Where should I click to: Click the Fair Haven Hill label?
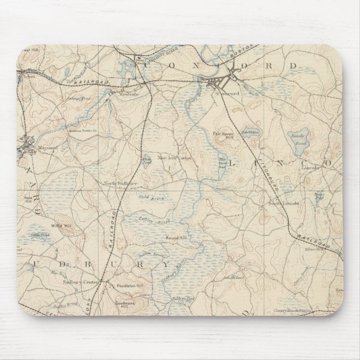click(223, 136)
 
